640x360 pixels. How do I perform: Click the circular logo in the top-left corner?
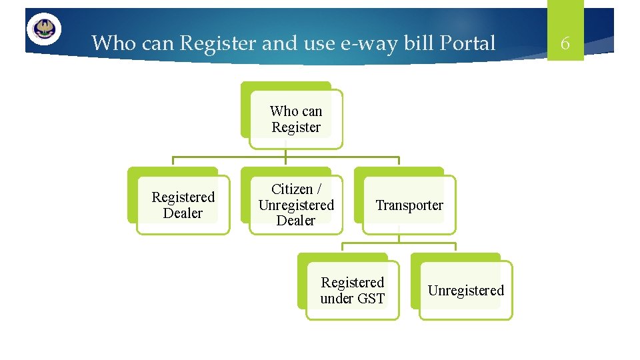point(44,29)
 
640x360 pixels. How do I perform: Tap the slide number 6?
point(565,44)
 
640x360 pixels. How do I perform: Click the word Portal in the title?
point(468,43)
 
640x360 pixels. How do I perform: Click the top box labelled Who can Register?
point(295,119)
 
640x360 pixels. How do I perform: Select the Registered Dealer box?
point(183,205)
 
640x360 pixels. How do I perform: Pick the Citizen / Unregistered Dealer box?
point(295,205)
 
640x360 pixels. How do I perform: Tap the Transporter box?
point(409,205)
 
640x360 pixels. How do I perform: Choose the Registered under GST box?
point(352,291)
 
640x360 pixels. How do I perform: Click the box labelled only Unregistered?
point(465,291)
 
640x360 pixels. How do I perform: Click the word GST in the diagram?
point(371,299)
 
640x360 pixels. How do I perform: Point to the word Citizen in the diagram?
point(291,189)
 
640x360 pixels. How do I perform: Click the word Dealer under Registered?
point(183,213)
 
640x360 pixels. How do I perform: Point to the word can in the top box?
point(312,111)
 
